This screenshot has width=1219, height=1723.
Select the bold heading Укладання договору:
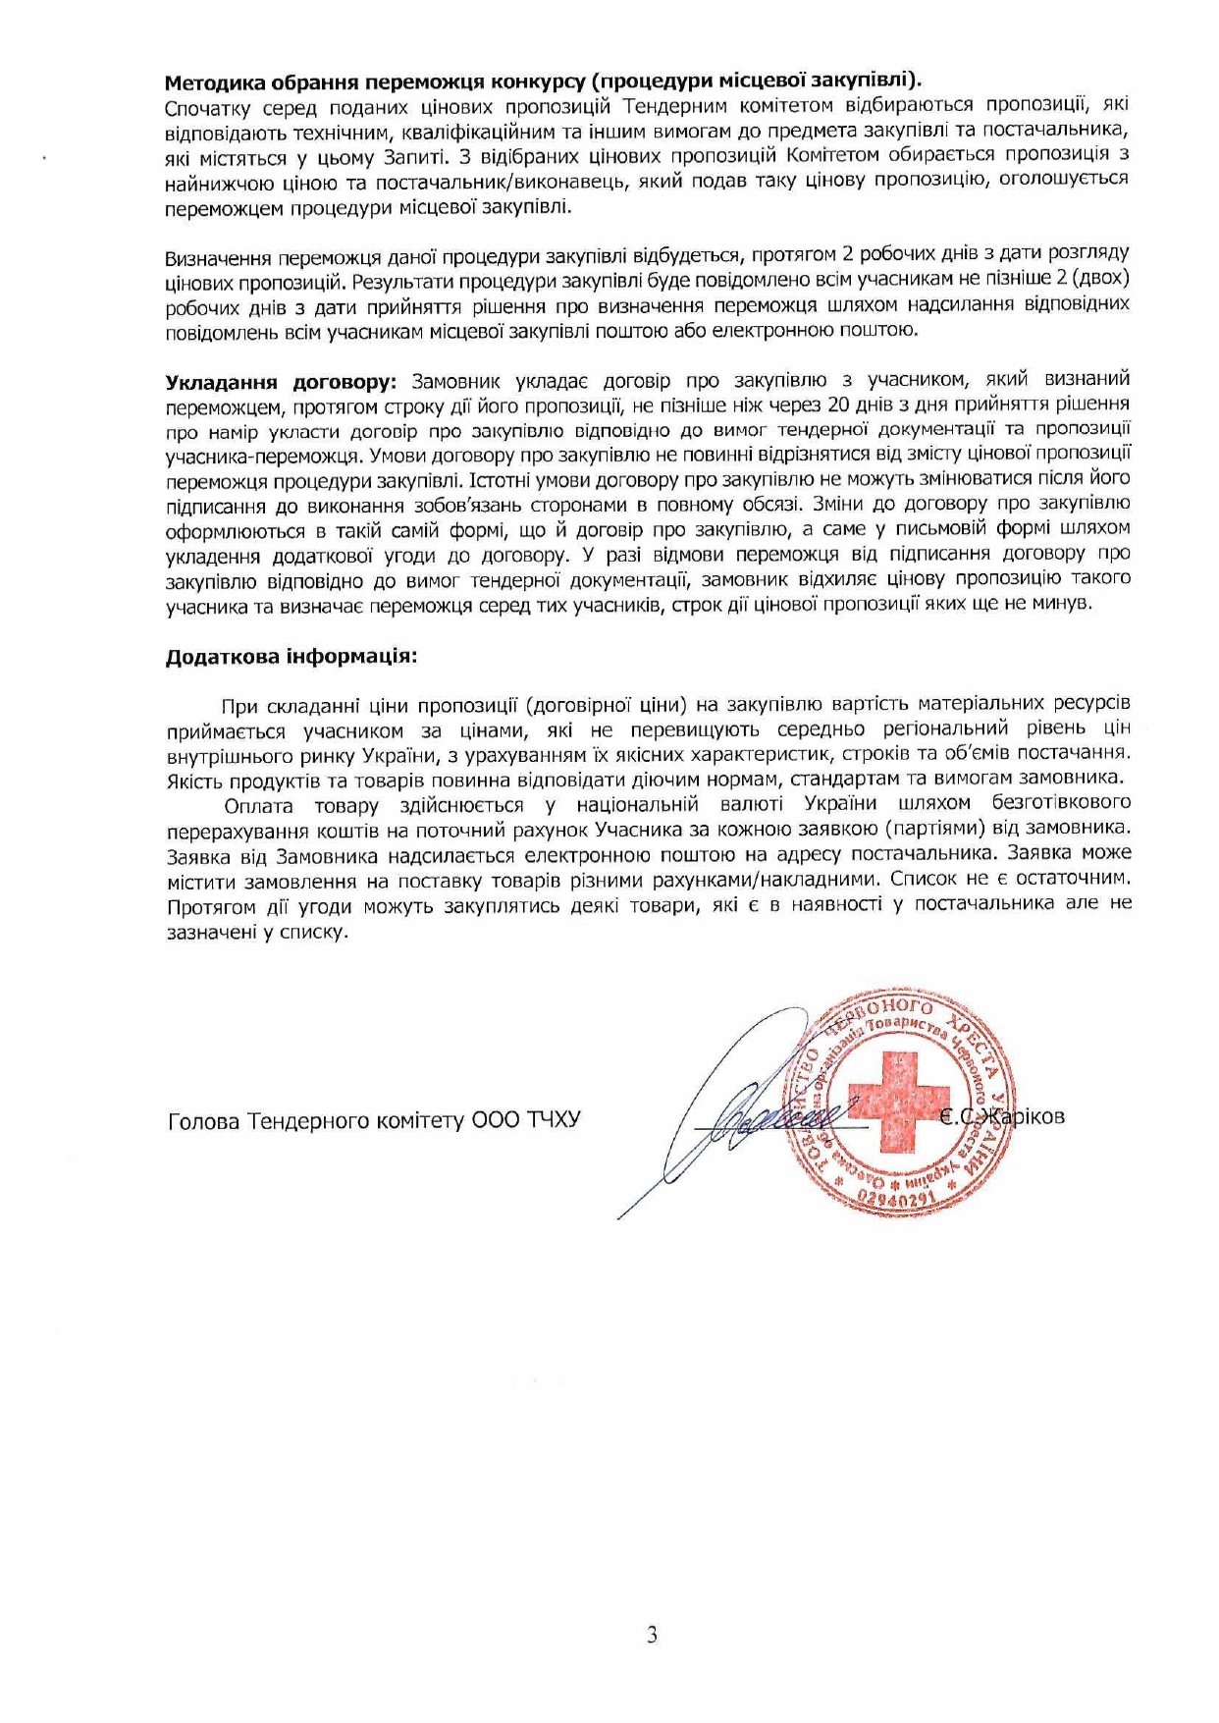click(x=281, y=381)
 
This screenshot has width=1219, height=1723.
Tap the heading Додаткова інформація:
click(x=291, y=655)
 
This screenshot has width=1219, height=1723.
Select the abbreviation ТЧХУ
click(x=555, y=1120)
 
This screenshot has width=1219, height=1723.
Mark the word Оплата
click(x=258, y=806)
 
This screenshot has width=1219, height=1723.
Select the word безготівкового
click(x=1061, y=804)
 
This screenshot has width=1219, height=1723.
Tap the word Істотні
click(x=502, y=480)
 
